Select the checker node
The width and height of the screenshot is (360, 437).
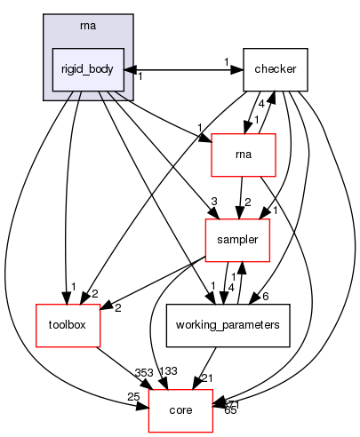point(276,69)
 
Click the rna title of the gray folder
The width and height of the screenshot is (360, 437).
point(78,24)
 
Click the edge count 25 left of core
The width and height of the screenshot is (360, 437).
point(133,396)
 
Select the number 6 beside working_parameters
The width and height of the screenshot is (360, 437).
point(266,297)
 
